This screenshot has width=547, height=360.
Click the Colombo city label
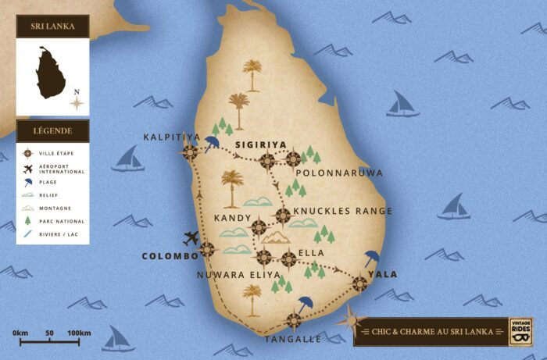click(x=169, y=256)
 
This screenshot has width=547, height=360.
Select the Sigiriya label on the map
click(x=261, y=144)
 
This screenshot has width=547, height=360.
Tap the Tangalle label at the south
click(x=292, y=339)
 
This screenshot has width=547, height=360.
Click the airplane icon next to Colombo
click(x=191, y=238)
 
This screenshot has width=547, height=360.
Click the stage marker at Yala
click(x=359, y=283)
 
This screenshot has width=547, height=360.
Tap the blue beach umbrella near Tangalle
click(x=305, y=305)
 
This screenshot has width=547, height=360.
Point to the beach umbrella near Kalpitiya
click(x=212, y=143)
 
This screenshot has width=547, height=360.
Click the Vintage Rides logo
click(x=520, y=330)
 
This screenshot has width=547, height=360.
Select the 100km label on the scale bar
click(x=79, y=333)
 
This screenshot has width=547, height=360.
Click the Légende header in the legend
click(x=52, y=131)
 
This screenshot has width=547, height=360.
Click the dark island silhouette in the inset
click(x=52, y=72)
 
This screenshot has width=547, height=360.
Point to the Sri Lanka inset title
click(x=52, y=27)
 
